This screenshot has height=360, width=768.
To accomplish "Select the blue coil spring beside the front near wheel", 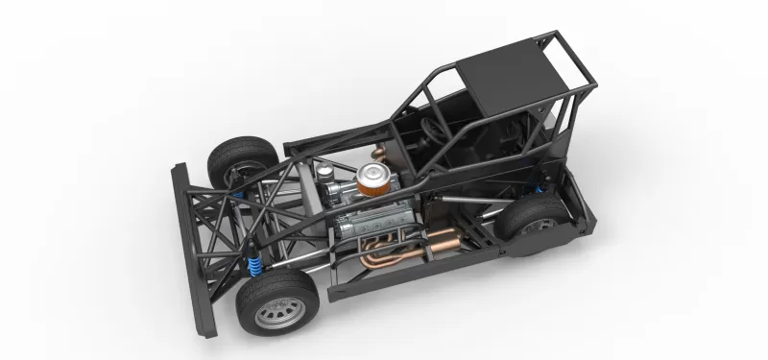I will pyautogui.click(x=253, y=260).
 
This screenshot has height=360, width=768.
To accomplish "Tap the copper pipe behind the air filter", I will pyautogui.click(x=385, y=154).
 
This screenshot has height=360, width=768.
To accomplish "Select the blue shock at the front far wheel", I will pyautogui.click(x=235, y=192).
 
